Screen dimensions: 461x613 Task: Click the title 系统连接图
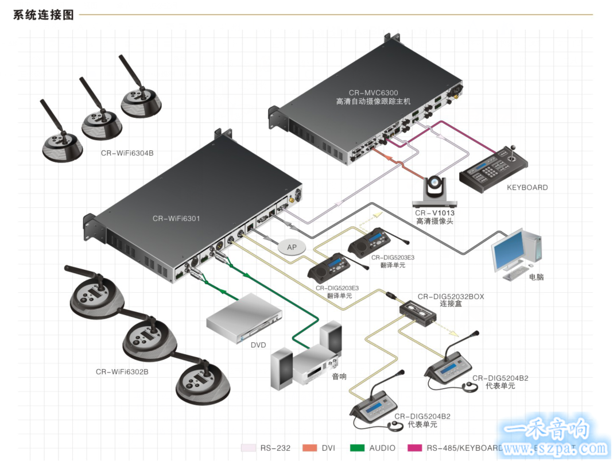click(x=44, y=15)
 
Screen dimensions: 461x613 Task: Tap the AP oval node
click(x=292, y=247)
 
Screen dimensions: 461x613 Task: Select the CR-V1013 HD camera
click(x=434, y=191)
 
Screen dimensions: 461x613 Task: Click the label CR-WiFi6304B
click(x=127, y=153)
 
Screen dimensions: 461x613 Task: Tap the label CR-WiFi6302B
click(x=122, y=371)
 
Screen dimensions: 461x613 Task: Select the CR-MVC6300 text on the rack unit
click(x=373, y=92)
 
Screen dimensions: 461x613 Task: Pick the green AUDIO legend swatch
click(x=358, y=448)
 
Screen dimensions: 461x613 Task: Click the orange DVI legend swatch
click(x=310, y=448)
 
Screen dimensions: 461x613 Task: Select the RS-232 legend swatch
click(x=249, y=448)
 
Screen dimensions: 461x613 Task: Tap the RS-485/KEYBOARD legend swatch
click(x=414, y=448)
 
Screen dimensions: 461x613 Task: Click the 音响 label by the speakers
click(x=339, y=377)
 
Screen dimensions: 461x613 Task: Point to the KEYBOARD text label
click(x=527, y=187)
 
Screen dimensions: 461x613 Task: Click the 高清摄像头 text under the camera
click(x=434, y=221)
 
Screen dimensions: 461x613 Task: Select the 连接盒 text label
click(x=451, y=304)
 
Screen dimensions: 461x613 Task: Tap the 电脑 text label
click(x=536, y=277)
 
